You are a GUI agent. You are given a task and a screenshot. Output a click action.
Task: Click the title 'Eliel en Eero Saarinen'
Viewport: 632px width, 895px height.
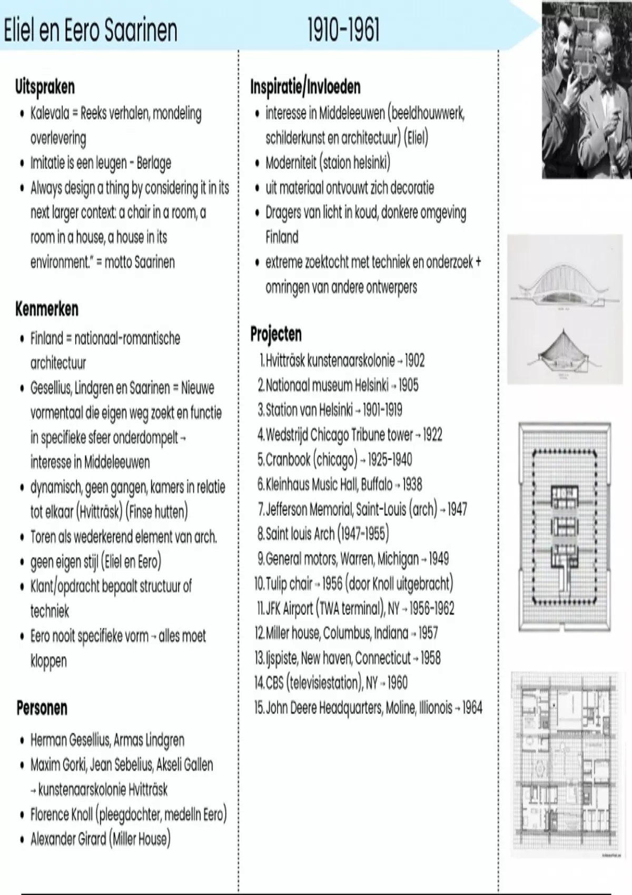(x=90, y=31)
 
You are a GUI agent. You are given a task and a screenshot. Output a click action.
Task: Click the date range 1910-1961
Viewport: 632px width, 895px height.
(x=343, y=31)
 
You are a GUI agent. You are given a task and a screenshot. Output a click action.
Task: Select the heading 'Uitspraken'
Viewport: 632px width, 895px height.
(x=45, y=87)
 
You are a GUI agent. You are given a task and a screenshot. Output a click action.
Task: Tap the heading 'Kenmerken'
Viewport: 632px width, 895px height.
(x=47, y=309)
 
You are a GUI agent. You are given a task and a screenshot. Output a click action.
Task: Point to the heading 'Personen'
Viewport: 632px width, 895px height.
(x=42, y=708)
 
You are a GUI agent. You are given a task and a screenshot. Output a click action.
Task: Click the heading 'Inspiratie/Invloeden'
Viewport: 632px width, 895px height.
(x=305, y=87)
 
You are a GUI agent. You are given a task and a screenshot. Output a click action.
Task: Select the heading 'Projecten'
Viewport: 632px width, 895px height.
(x=276, y=334)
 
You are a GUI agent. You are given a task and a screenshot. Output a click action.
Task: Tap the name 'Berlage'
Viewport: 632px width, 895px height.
(x=154, y=163)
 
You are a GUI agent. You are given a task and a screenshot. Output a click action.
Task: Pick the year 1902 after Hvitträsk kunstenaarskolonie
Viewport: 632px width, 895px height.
(x=415, y=361)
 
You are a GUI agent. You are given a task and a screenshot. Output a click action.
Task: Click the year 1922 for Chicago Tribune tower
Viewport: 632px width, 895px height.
(x=432, y=435)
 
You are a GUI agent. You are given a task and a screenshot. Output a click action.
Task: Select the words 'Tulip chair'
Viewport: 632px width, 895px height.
(x=289, y=583)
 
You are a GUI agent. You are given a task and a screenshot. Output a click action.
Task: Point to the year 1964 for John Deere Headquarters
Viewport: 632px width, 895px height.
(x=472, y=708)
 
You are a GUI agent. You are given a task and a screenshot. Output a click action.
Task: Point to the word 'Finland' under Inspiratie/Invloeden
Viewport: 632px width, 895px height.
(x=282, y=237)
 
